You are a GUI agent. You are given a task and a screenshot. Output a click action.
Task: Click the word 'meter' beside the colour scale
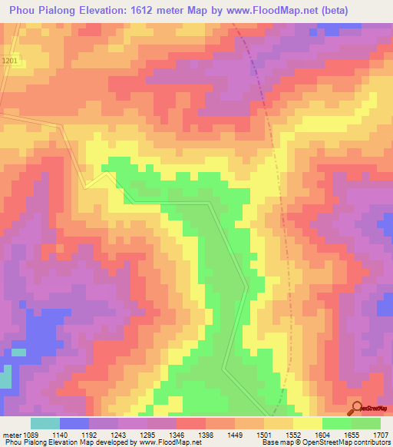click(x=13, y=435)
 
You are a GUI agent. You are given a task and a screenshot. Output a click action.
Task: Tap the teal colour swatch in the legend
click(x=45, y=423)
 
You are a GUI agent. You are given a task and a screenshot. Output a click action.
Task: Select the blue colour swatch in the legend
click(x=74, y=423)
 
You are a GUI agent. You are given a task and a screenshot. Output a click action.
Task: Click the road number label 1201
click(x=9, y=61)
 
